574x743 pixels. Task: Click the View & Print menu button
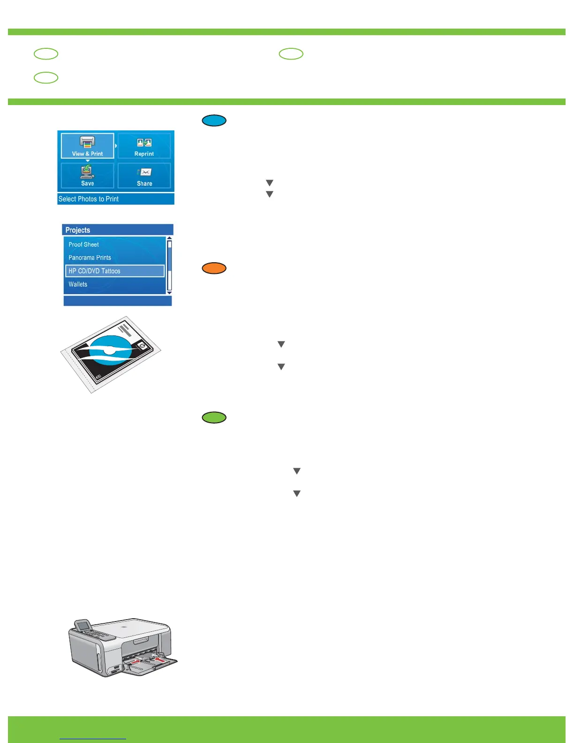tap(87, 146)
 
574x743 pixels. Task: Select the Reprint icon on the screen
tap(144, 146)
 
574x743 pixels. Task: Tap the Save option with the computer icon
tap(87, 175)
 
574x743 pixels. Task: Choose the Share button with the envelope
tap(144, 176)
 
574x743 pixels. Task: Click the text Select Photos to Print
tap(89, 199)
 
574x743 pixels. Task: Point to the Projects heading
tap(78, 230)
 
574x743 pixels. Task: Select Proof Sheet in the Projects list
tap(83, 244)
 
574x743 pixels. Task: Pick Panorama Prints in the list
tap(90, 258)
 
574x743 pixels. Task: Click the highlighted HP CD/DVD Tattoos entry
tap(115, 271)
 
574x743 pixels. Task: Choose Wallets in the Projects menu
tap(78, 284)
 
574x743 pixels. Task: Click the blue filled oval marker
tap(214, 121)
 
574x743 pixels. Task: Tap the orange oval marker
tap(214, 268)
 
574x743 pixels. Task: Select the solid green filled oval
tap(214, 417)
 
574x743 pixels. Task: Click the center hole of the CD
tap(109, 350)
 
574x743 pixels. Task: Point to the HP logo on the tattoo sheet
tap(142, 346)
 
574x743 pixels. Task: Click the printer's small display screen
tap(84, 626)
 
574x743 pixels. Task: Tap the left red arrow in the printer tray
tap(134, 661)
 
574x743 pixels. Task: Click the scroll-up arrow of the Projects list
tap(169, 238)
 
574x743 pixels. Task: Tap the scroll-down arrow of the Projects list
tap(169, 293)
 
